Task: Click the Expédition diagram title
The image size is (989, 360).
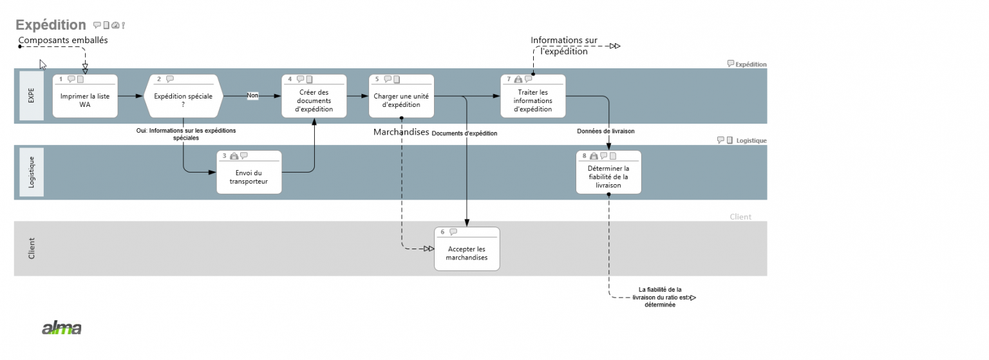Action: coord(51,25)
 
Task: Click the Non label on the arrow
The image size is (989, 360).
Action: coord(253,95)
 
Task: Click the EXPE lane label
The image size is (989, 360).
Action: coord(32,96)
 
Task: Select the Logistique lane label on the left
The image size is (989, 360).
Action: coord(32,172)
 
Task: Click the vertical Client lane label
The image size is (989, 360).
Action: coord(32,249)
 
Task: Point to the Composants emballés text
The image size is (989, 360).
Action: coord(63,40)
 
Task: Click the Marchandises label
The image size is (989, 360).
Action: coord(401,132)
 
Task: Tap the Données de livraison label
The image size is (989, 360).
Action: coord(605,131)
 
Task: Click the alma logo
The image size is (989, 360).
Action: coord(62,328)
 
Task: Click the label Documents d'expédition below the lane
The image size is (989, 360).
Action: coord(464,133)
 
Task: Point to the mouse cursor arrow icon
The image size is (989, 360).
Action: coord(42,64)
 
